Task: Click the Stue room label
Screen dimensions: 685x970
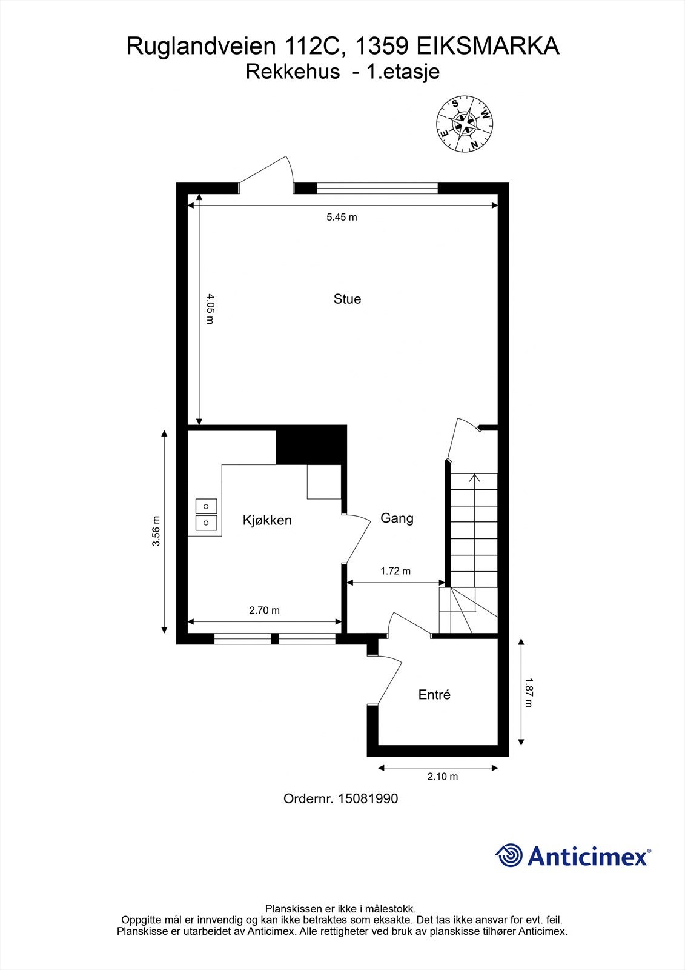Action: pyautogui.click(x=347, y=299)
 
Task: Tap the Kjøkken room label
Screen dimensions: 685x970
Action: pyautogui.click(x=267, y=520)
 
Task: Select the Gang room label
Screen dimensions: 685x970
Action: pyautogui.click(x=397, y=518)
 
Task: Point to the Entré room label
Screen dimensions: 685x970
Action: pyautogui.click(x=434, y=695)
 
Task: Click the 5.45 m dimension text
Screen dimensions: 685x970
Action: pyautogui.click(x=342, y=218)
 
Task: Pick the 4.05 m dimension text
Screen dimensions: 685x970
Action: pyautogui.click(x=210, y=309)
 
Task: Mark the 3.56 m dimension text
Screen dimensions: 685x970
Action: pyautogui.click(x=156, y=530)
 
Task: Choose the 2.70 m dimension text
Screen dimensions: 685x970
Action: pyautogui.click(x=265, y=610)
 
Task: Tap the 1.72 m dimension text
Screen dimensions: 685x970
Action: pyautogui.click(x=395, y=570)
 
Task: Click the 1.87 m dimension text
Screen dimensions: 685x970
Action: pyautogui.click(x=528, y=692)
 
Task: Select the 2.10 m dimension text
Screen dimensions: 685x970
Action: pyautogui.click(x=443, y=777)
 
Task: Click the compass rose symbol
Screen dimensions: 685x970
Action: pyautogui.click(x=465, y=124)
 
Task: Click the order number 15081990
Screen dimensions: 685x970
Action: pyautogui.click(x=368, y=798)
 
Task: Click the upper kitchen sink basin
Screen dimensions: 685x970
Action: pyautogui.click(x=206, y=506)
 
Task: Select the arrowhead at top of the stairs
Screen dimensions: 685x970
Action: pyautogui.click(x=475, y=477)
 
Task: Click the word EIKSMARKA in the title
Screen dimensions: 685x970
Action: pyautogui.click(x=488, y=46)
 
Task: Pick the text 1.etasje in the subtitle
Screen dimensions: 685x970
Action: pyautogui.click(x=403, y=72)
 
